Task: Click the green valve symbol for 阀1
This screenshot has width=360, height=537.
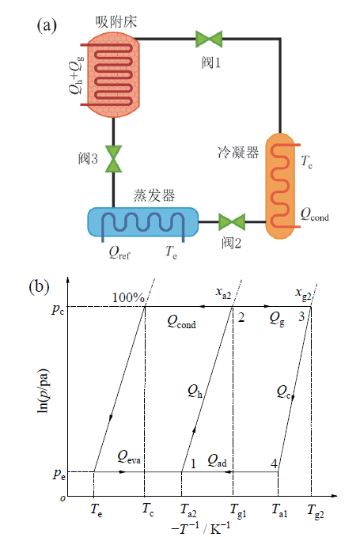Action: coord(209,39)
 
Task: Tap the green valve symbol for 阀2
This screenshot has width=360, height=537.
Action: coord(232,222)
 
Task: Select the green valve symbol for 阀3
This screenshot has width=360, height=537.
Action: coord(113,158)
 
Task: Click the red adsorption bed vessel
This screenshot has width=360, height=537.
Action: coord(113,74)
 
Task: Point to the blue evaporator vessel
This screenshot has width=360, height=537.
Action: coord(143,222)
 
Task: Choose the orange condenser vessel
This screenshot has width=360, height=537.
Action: coord(280,186)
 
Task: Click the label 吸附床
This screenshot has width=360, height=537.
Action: coord(116,22)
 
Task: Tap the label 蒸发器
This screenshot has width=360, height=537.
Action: coord(154,195)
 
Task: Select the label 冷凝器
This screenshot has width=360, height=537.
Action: coord(238,153)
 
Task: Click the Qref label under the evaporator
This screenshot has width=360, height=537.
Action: coord(119,253)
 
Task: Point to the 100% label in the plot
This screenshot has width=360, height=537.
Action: coord(128,297)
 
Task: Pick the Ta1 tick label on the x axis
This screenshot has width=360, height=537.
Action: coord(279,510)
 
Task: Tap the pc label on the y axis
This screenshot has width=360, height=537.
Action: coord(58,309)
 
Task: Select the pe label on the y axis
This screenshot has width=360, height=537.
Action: coord(59,474)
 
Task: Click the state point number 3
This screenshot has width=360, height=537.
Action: coord(301,316)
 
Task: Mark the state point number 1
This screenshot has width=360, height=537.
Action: coord(193,463)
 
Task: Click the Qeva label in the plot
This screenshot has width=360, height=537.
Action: coord(129,456)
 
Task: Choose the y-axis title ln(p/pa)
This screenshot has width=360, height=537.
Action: coord(43,391)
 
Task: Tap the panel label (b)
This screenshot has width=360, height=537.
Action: coord(39,286)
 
